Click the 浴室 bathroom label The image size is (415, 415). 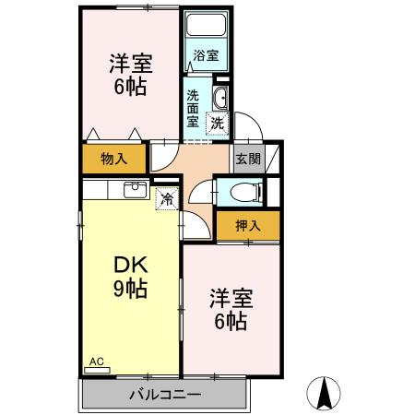(x=207, y=55)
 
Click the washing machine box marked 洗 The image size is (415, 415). (x=218, y=123)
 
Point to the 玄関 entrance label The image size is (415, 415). (x=248, y=159)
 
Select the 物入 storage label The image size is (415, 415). (x=113, y=160)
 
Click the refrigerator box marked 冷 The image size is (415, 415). (x=168, y=197)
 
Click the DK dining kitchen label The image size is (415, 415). (x=130, y=267)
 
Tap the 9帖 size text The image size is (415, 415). (x=130, y=289)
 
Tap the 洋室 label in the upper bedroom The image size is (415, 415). (x=129, y=65)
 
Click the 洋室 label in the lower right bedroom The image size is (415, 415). (x=230, y=299)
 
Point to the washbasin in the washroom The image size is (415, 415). (x=220, y=100)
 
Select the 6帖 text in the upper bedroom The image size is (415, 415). (x=129, y=88)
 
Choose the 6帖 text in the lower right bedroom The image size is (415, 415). (x=230, y=322)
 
